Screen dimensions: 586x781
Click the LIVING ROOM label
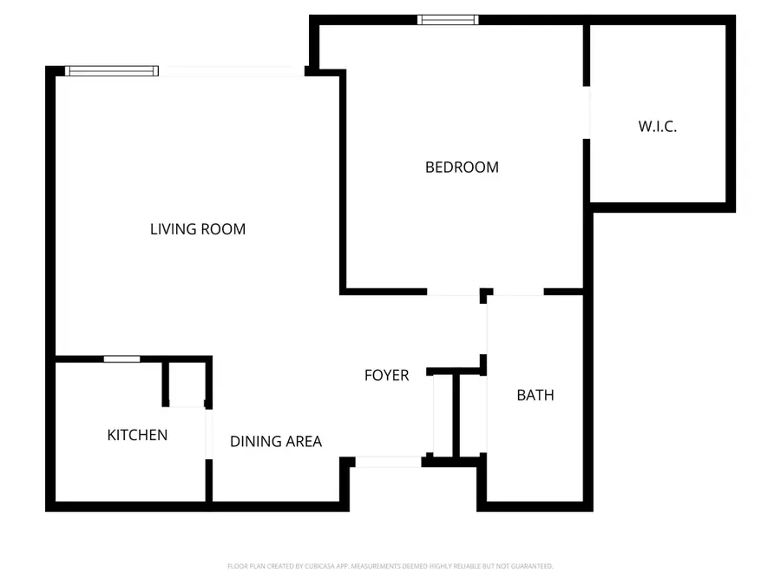click(x=198, y=229)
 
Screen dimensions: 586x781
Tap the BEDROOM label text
click(x=462, y=168)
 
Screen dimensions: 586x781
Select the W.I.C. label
click(x=657, y=126)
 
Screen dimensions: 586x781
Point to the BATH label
click(x=535, y=395)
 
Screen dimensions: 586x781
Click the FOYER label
click(x=386, y=375)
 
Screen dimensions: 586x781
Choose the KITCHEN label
click(x=137, y=435)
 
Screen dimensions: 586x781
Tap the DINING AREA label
click(x=275, y=441)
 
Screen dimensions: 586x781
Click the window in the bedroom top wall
click(x=448, y=19)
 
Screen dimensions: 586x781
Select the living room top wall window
click(x=112, y=71)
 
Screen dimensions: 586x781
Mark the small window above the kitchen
click(x=121, y=359)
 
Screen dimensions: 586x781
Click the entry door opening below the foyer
click(x=388, y=462)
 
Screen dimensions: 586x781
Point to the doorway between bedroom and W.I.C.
click(x=587, y=113)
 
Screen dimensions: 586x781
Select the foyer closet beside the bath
click(x=443, y=414)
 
